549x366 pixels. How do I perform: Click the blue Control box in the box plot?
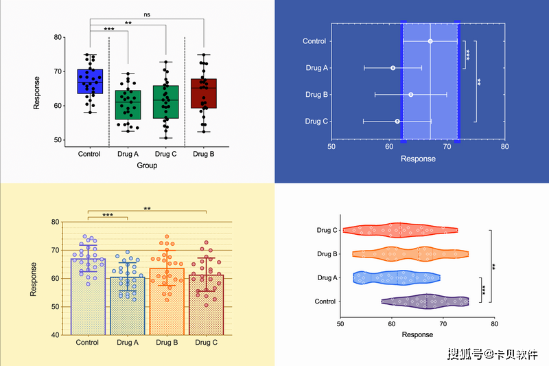[x=90, y=81]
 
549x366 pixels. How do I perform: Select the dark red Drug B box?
[x=203, y=93]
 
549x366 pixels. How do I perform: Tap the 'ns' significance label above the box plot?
[x=147, y=14]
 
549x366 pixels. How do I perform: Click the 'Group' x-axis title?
[x=147, y=165]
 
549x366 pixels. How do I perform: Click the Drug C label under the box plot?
[x=165, y=154]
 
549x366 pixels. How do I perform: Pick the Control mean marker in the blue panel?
[x=430, y=41]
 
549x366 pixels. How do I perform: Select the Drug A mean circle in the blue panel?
[x=393, y=68]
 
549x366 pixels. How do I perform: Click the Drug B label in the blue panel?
[x=316, y=95]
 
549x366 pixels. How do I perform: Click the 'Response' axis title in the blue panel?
[x=418, y=159]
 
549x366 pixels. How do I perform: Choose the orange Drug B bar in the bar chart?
[x=166, y=302]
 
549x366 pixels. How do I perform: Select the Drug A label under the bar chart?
[x=128, y=342]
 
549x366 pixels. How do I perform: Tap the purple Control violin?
[x=425, y=301]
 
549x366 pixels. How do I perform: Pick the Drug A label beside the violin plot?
[x=327, y=277]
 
